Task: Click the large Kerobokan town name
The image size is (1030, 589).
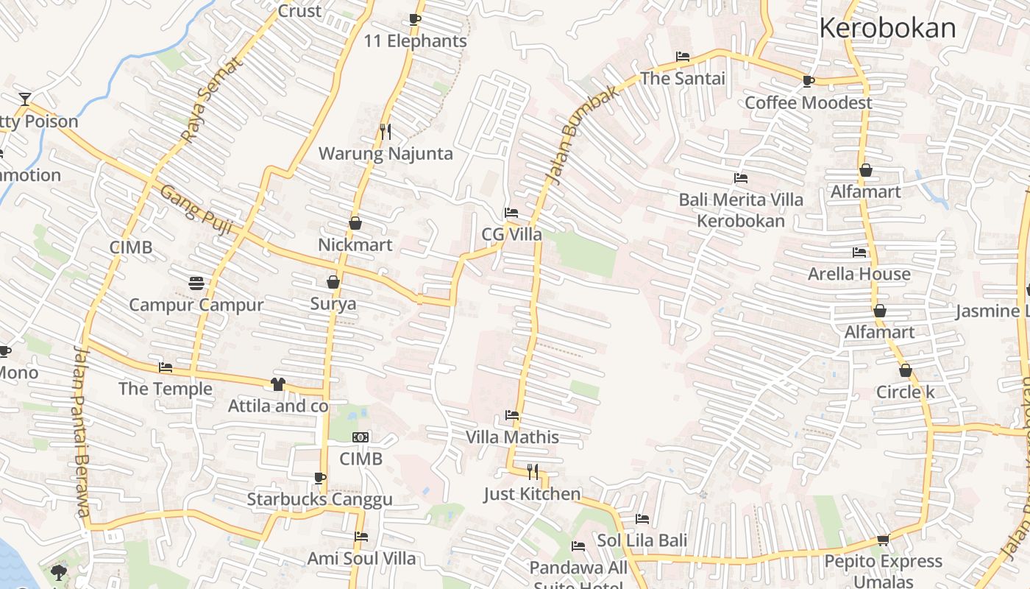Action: pyautogui.click(x=887, y=28)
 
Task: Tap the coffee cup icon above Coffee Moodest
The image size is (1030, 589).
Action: pyautogui.click(x=808, y=81)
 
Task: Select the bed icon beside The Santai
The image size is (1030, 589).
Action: pyautogui.click(x=682, y=57)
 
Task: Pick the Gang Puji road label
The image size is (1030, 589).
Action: pyautogui.click(x=196, y=210)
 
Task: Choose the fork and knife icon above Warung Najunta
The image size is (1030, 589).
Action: pyautogui.click(x=386, y=132)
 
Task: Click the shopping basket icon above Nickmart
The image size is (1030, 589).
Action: pyautogui.click(x=355, y=222)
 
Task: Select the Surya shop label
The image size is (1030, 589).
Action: pyautogui.click(x=333, y=304)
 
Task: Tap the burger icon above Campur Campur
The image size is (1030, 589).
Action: pyautogui.click(x=196, y=283)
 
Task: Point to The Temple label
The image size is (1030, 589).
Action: pyautogui.click(x=166, y=389)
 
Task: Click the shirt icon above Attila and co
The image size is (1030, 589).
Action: pyautogui.click(x=277, y=384)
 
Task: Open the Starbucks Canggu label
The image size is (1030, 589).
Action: pyautogui.click(x=319, y=499)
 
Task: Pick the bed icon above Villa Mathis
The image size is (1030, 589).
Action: pyautogui.click(x=512, y=416)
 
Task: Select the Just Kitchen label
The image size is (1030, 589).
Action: pyautogui.click(x=532, y=494)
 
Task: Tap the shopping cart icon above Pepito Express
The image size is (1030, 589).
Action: pyautogui.click(x=883, y=540)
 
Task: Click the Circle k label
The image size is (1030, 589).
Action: pyautogui.click(x=905, y=392)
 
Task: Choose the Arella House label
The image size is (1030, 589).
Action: pyautogui.click(x=859, y=274)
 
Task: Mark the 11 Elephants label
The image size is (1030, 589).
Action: pyautogui.click(x=416, y=41)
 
